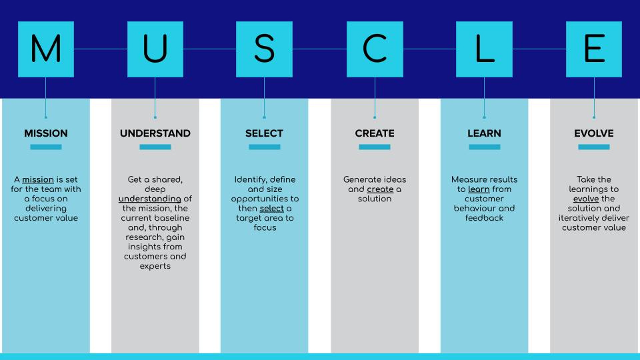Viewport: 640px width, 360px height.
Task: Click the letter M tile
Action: pyautogui.click(x=46, y=49)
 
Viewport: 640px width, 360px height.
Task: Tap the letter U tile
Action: pyautogui.click(x=155, y=49)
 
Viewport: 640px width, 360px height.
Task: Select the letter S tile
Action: pyautogui.click(x=265, y=49)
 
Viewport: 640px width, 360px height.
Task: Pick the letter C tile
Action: pyautogui.click(x=375, y=49)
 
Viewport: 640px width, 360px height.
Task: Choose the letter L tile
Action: pyautogui.click(x=484, y=49)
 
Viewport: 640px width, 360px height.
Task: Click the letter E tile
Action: pyautogui.click(x=593, y=49)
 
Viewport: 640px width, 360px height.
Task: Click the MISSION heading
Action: pyautogui.click(x=46, y=133)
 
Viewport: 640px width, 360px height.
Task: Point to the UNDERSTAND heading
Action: pyautogui.click(x=155, y=133)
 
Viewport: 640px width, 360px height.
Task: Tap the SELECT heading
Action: pyautogui.click(x=265, y=133)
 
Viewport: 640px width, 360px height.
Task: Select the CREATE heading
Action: pyautogui.click(x=375, y=133)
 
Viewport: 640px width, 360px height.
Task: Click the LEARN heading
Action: pyautogui.click(x=484, y=133)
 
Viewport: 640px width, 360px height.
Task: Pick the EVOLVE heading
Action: pyautogui.click(x=593, y=133)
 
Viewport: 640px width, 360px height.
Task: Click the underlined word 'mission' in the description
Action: pyautogui.click(x=38, y=180)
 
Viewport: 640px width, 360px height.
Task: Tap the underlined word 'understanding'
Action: pyautogui.click(x=150, y=199)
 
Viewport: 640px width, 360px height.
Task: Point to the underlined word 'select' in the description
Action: pyautogui.click(x=271, y=208)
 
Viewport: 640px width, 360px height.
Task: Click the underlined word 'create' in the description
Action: pyautogui.click(x=380, y=189)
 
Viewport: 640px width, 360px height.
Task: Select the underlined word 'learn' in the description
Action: pyautogui.click(x=479, y=189)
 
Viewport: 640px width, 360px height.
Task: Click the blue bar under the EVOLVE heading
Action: pyautogui.click(x=593, y=147)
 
